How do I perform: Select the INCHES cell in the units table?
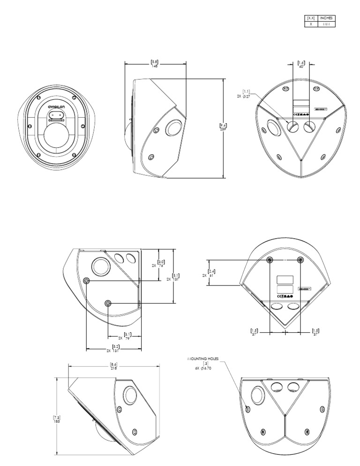click(x=326, y=18)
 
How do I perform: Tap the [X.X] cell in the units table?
click(x=310, y=18)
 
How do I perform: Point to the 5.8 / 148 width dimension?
click(x=155, y=63)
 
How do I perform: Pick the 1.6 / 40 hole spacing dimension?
click(x=301, y=64)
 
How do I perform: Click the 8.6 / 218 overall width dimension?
click(x=113, y=366)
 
